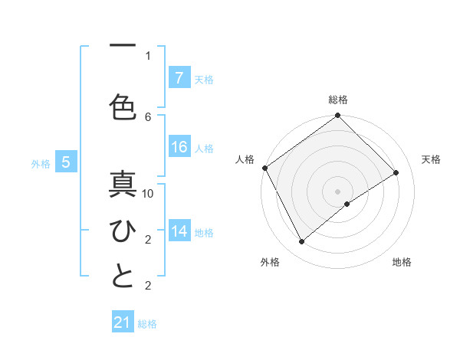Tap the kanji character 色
coord(123,106)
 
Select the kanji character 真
coord(123,186)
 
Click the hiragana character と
coord(123,276)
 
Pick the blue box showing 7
coord(179,78)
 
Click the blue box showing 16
coord(179,148)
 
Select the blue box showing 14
coord(179,231)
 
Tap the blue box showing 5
coord(66,162)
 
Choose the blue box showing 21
coord(123,322)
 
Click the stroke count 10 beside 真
coord(149,194)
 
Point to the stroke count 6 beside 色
coord(149,116)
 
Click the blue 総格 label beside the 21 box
coord(147,324)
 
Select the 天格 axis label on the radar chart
coord(431,159)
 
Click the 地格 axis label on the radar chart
coord(402,262)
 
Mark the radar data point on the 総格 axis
coord(338,116)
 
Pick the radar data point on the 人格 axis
coord(264,168)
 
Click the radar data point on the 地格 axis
coord(347,204)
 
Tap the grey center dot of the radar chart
coord(338,191)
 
